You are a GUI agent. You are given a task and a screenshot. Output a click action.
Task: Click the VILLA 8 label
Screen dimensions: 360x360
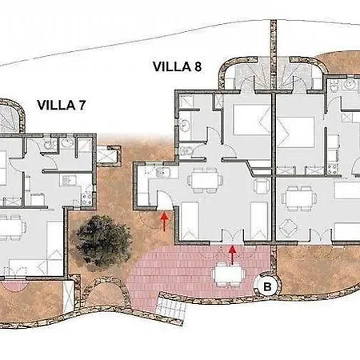click(177, 66)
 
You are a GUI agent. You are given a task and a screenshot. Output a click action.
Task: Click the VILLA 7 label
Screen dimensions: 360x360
click(62, 105)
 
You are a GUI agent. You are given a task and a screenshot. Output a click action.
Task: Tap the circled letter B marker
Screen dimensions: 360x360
click(267, 286)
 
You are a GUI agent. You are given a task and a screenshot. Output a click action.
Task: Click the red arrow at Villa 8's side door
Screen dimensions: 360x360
click(165, 221)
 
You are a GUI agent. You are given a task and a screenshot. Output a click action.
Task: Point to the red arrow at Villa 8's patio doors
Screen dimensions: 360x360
click(233, 255)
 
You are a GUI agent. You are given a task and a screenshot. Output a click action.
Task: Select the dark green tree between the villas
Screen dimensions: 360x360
click(103, 241)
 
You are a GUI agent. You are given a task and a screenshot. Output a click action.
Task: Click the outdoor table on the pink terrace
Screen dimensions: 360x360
click(229, 274)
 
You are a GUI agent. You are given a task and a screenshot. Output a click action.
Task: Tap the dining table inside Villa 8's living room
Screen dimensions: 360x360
click(205, 180)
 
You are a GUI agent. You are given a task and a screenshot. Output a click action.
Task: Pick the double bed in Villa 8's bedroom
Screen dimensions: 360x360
click(252, 120)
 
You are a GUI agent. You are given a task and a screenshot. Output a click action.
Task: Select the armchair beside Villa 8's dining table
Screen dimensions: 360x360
click(262, 186)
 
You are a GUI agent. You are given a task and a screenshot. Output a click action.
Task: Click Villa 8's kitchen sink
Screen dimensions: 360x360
click(163, 173)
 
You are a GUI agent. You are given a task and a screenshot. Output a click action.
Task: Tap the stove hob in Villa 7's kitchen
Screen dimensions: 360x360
click(86, 199)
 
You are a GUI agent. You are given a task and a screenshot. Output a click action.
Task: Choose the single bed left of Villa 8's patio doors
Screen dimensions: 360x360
click(190, 221)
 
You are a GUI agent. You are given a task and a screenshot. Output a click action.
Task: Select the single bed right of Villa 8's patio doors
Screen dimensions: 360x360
click(259, 221)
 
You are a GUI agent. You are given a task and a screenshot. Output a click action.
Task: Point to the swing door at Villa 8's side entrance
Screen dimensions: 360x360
click(165, 200)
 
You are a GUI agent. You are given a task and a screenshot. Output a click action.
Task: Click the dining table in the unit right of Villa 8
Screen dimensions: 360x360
click(299, 198)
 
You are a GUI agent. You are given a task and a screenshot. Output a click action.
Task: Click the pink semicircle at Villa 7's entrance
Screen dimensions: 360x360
click(14, 285)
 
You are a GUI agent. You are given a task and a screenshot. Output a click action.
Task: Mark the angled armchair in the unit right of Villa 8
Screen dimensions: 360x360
click(289, 228)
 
